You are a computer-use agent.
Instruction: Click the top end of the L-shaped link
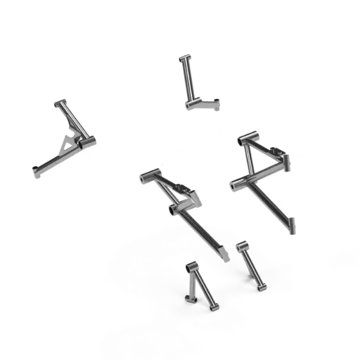[x=184, y=56]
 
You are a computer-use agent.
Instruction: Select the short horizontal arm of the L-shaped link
[x=205, y=103]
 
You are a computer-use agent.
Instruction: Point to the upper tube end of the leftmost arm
[x=60, y=103]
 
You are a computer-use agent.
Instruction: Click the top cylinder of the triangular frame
[x=247, y=138]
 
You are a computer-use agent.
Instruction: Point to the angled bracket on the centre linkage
[x=187, y=194]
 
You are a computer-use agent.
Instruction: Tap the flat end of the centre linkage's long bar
[x=223, y=255]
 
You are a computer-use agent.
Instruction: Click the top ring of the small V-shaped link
[x=191, y=266]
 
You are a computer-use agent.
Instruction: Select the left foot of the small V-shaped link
[x=188, y=300]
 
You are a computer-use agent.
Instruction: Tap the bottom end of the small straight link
[x=261, y=285]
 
